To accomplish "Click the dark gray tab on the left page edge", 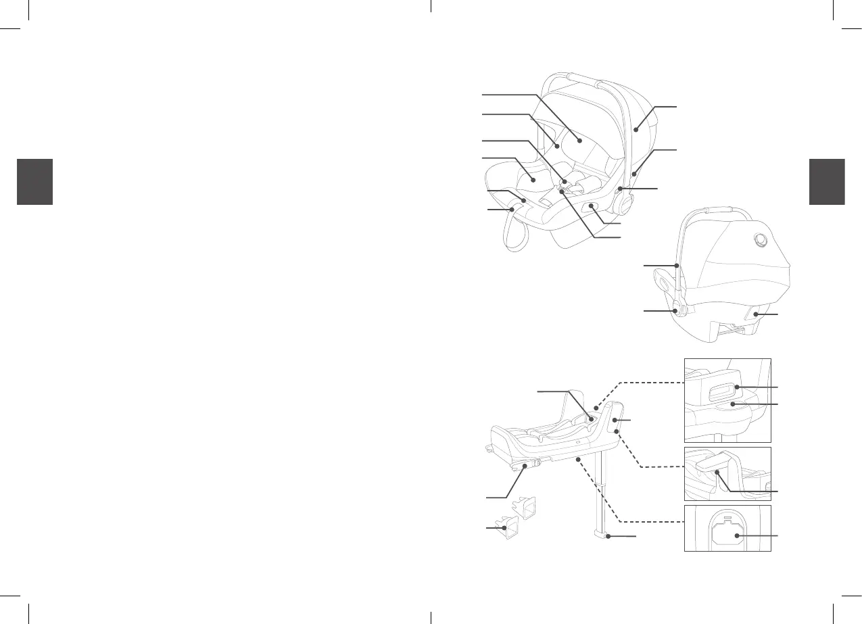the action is coord(34,181).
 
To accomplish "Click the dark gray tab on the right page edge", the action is coord(826,181).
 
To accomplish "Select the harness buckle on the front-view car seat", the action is coord(562,191).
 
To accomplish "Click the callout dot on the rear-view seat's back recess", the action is coord(756,315).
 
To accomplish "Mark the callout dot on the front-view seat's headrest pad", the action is coord(580,140).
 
